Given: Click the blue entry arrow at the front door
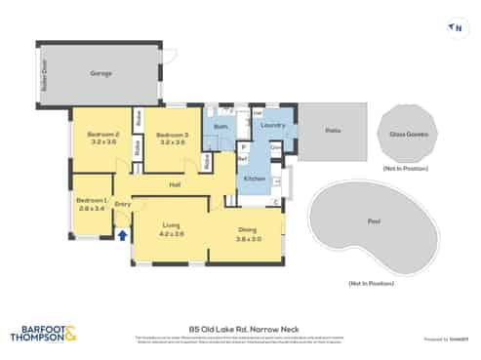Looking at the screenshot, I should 122,234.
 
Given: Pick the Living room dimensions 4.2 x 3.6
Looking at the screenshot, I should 172,233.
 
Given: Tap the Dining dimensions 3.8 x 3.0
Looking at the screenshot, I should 249,238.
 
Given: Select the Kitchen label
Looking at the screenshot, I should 253,179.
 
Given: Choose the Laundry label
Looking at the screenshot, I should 273,125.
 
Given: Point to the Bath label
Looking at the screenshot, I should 221,128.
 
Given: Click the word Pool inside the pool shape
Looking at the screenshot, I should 375,221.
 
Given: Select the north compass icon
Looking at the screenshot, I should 453,28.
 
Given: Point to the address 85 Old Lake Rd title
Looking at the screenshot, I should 239,329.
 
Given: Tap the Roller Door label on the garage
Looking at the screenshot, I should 40,71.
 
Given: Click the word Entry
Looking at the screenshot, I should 123,204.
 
